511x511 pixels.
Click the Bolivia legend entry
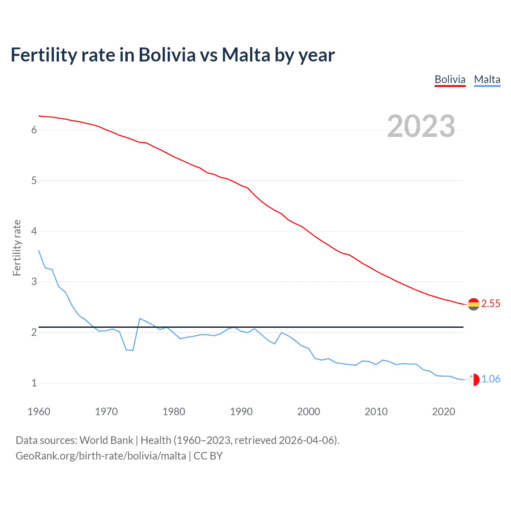click(x=450, y=79)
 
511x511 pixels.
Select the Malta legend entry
click(x=487, y=79)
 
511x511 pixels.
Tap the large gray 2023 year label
click(x=421, y=126)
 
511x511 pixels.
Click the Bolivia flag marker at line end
click(x=473, y=304)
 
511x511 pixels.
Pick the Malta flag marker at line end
click(x=473, y=380)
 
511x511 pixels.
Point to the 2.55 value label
click(x=491, y=304)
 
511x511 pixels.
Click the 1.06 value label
click(x=491, y=379)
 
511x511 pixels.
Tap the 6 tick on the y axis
click(x=34, y=130)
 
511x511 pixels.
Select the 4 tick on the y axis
click(x=34, y=231)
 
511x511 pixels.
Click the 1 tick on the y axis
click(x=34, y=383)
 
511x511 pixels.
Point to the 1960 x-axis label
click(x=39, y=412)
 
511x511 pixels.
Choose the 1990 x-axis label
click(x=241, y=412)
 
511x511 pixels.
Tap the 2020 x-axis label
click(x=444, y=412)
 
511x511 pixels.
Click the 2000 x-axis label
click(x=309, y=412)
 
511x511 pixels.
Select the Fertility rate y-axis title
click(x=17, y=248)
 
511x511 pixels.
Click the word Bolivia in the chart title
click(x=167, y=55)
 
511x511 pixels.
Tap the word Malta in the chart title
click(x=246, y=55)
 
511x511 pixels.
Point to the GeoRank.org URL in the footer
click(x=101, y=456)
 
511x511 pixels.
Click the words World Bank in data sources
click(x=106, y=440)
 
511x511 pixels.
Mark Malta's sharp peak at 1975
click(x=140, y=319)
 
